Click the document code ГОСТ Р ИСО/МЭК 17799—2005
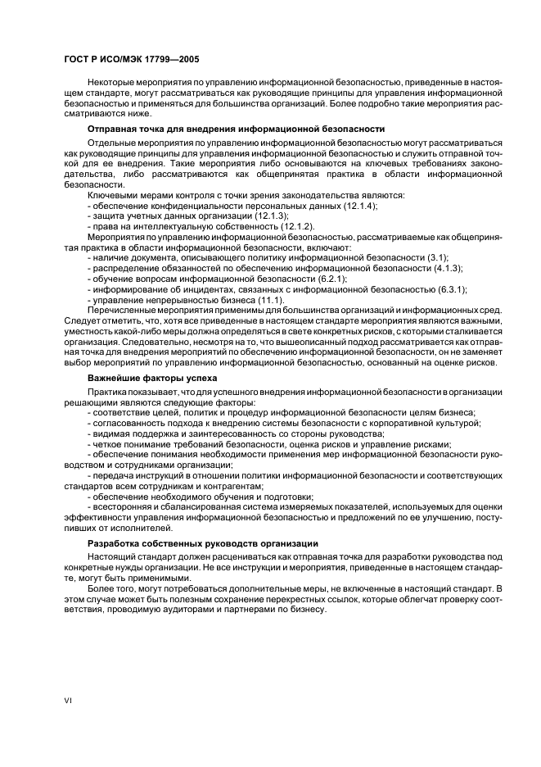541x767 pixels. tap(131, 60)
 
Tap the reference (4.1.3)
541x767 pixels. tap(446, 268)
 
